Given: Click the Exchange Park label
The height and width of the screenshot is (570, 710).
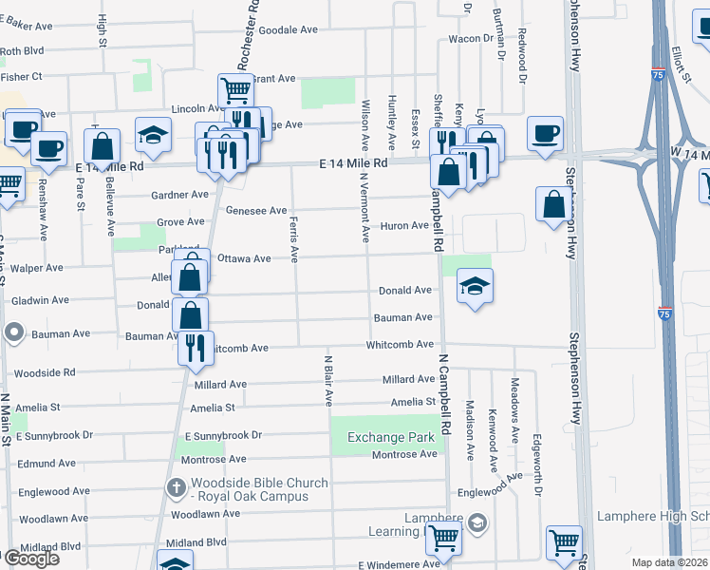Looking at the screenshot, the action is pos(383,437).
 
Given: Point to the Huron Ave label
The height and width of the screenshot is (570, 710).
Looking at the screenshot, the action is pos(405,225).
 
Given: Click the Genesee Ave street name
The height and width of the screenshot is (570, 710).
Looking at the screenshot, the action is pos(256,211).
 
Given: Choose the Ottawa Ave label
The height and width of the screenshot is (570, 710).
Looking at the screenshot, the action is pos(244,258).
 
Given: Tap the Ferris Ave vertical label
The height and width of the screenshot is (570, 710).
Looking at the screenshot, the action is pos(293,238).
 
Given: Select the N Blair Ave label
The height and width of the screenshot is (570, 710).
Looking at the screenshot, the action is pos(328,381).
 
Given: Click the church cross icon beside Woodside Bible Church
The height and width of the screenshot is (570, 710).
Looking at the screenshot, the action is pos(176,488).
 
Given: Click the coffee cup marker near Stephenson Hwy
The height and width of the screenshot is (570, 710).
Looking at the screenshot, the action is pos(545,134).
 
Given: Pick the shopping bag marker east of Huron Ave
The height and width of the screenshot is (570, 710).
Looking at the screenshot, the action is pos(553,203).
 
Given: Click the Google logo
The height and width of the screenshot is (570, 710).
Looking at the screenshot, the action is pos(30,559).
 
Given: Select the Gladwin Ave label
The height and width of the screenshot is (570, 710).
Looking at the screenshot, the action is pos(41,300).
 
